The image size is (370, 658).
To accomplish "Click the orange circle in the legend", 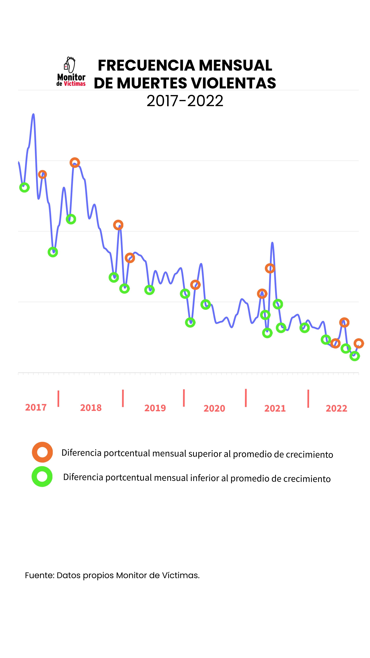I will tap(42, 452).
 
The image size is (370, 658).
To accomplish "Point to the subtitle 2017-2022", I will tap(185, 101).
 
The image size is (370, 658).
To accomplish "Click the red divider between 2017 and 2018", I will tap(58, 398).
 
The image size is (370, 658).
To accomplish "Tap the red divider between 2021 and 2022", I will tap(308, 398).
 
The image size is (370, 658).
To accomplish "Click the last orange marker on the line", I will tap(359, 343).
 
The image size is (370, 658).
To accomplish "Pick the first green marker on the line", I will tap(24, 187).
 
